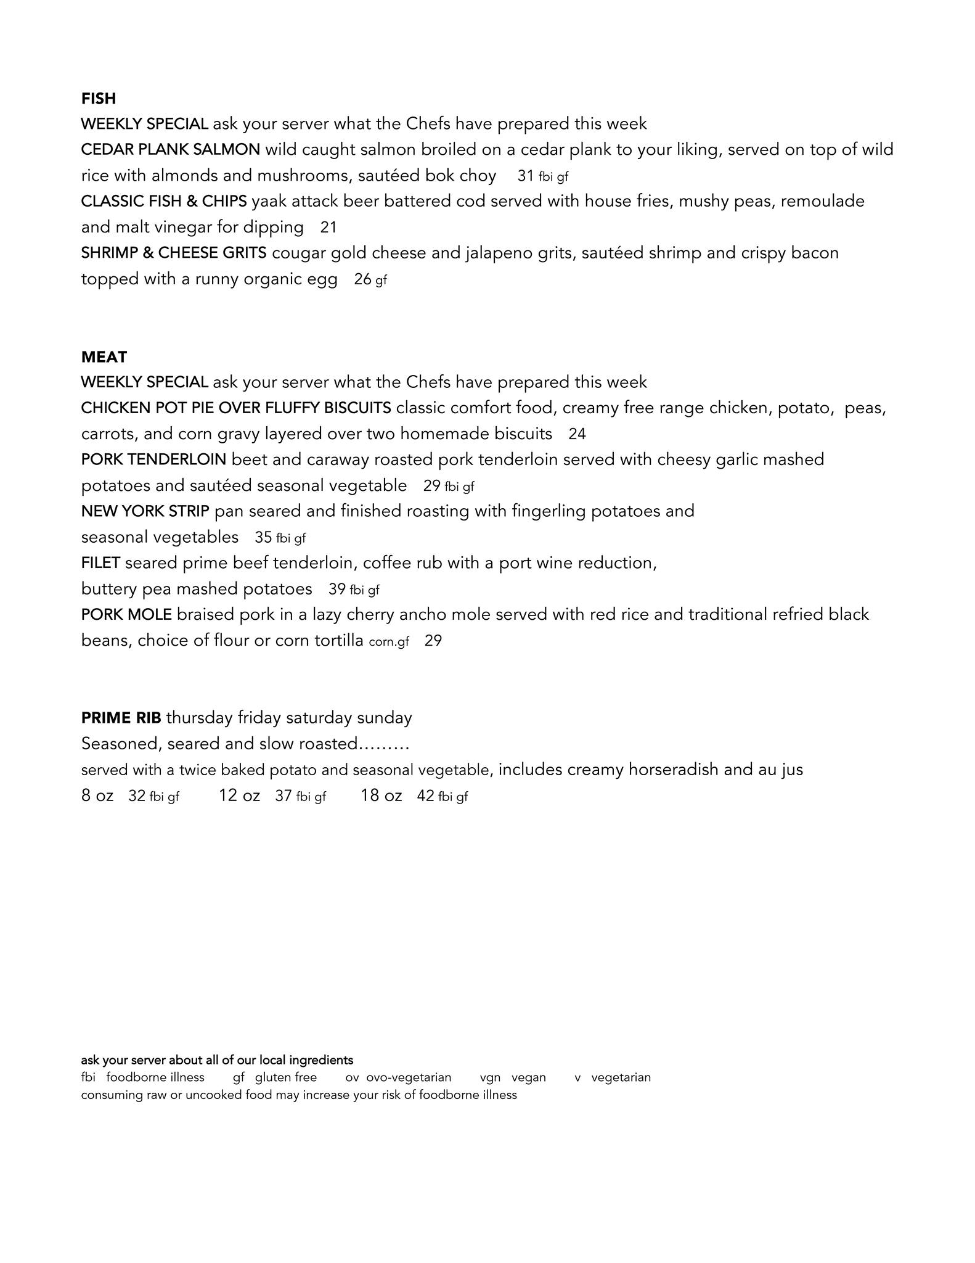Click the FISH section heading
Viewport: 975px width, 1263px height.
click(x=98, y=99)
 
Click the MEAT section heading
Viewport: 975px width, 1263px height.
click(x=104, y=357)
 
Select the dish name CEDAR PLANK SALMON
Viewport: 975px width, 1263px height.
click(x=170, y=150)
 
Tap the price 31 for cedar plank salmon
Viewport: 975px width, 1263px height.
click(x=525, y=176)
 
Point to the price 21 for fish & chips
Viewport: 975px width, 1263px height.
click(x=328, y=228)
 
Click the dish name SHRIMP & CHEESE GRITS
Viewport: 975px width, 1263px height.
click(x=174, y=253)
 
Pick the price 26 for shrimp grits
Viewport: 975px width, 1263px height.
click(x=362, y=279)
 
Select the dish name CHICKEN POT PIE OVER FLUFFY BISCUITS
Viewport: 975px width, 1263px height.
click(x=235, y=408)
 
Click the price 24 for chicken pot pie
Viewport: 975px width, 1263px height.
click(x=577, y=434)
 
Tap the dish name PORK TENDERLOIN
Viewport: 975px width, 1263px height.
click(x=153, y=459)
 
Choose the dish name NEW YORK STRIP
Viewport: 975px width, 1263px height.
click(x=145, y=511)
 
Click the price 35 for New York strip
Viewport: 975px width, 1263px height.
click(x=263, y=538)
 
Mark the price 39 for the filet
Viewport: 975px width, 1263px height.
click(x=337, y=589)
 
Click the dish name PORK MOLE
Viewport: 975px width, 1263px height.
click(x=126, y=615)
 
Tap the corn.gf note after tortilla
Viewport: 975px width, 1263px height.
click(x=388, y=642)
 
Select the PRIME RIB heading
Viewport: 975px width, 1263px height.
click(x=121, y=718)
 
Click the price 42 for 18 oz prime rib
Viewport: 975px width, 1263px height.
click(x=425, y=796)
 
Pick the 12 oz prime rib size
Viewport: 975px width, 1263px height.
click(x=239, y=796)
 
